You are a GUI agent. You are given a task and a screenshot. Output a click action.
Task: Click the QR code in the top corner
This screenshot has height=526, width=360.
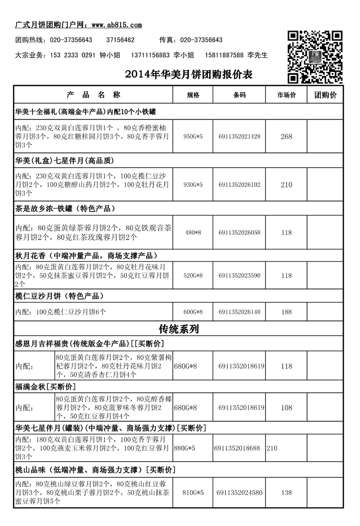(x=315, y=57)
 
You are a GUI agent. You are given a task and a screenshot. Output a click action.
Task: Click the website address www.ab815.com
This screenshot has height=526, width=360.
(x=117, y=25)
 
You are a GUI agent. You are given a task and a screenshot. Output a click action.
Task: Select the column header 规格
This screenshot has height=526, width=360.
(x=193, y=95)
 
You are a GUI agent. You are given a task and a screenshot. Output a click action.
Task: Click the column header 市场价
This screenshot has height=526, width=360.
(x=287, y=95)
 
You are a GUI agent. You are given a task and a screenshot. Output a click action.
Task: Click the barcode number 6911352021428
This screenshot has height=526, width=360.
(x=239, y=137)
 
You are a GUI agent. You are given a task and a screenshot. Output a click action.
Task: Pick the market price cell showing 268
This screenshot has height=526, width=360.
(x=287, y=137)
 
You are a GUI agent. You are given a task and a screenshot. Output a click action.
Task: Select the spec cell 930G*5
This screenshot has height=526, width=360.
(x=193, y=185)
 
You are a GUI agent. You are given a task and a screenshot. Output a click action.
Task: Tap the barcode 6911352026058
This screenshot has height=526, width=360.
(x=239, y=233)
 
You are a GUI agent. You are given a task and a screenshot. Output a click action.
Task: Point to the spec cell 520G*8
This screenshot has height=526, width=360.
(x=193, y=276)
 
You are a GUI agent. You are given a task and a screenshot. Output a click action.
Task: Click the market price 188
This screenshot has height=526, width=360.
(x=287, y=312)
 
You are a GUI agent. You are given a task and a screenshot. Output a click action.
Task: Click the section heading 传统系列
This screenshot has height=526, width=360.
(x=179, y=329)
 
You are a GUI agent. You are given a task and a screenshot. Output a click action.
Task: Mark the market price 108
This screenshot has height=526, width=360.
(x=287, y=408)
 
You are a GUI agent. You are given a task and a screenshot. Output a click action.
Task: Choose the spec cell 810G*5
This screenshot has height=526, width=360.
(x=193, y=493)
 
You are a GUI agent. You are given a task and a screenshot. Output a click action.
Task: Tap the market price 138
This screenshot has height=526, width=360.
(x=287, y=493)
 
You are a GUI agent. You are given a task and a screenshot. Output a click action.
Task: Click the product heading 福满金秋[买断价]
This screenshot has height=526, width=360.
(x=45, y=387)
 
